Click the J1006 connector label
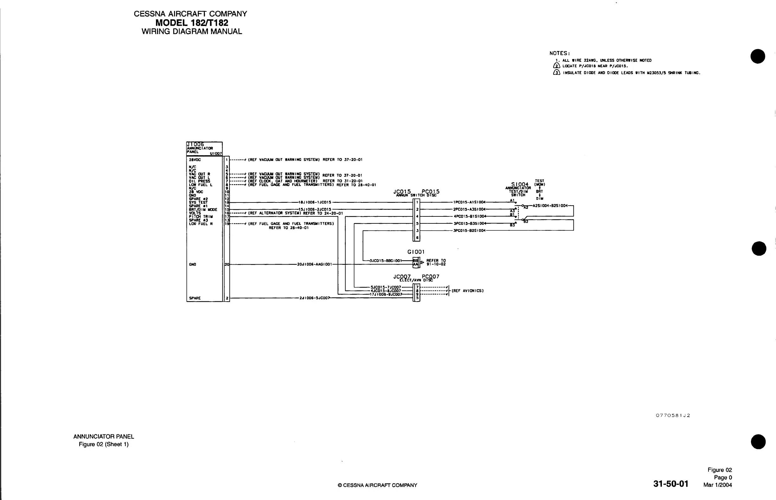195,144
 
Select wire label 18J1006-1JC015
315,202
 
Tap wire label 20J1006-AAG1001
314,264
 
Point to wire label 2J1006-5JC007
314,298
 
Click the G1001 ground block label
416,252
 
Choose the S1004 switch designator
520,184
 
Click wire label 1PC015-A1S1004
469,202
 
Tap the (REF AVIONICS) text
468,291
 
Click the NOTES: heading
560,53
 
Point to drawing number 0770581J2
673,416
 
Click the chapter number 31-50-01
671,484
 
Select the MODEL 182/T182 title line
192,23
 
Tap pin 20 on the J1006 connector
227,265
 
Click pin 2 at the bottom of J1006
227,298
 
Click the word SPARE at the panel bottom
195,298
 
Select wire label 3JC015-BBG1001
385,261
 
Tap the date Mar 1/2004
718,485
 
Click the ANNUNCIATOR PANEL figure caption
104,437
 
